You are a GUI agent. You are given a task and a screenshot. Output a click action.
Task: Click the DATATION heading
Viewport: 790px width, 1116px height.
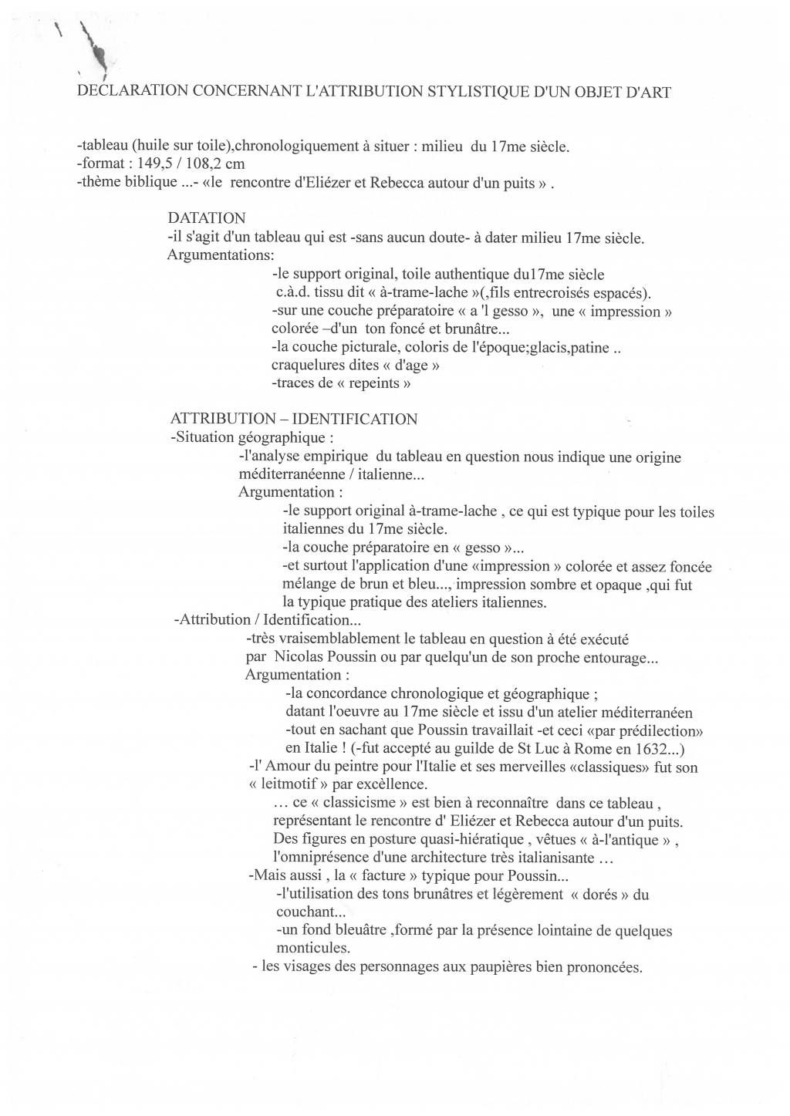click(206, 219)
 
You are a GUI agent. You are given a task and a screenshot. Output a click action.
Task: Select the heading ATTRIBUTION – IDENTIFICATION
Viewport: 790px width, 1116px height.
click(294, 420)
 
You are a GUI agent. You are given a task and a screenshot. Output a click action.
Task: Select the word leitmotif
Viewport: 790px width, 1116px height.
click(303, 785)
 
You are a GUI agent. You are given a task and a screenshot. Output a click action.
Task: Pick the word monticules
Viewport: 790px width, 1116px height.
click(313, 949)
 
